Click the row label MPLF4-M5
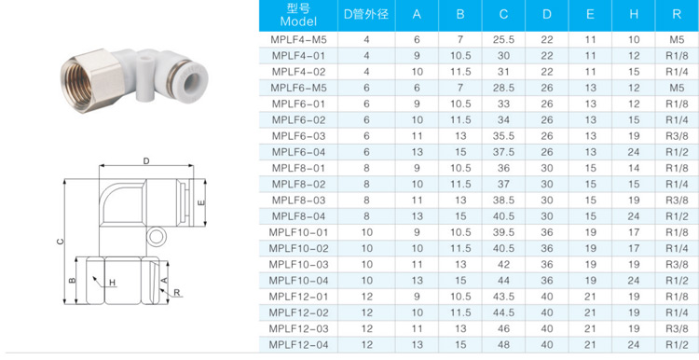pos(298,41)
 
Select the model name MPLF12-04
pos(298,345)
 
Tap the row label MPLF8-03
pos(298,201)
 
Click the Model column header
pos(298,16)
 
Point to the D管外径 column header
pos(366,15)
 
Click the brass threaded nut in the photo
pos(85,74)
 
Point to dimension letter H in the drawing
pos(113,283)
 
